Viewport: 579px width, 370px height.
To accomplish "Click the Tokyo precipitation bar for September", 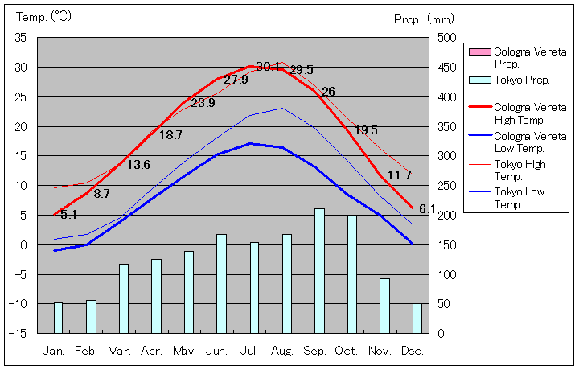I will [x=319, y=270].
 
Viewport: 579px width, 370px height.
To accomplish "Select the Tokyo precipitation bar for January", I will [x=58, y=317].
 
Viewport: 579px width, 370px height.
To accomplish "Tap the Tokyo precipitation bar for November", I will [x=384, y=305].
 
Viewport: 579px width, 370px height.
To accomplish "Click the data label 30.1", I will [x=269, y=67].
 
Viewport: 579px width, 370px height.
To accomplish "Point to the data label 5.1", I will [x=69, y=215].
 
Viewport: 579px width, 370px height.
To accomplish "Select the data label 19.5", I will [x=366, y=130].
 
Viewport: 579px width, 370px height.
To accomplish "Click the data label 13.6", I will [x=138, y=165].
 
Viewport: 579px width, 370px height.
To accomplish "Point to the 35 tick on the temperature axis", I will [x=21, y=38].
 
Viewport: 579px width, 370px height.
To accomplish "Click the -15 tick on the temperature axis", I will [x=18, y=333].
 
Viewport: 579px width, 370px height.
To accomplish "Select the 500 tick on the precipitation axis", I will [x=447, y=38].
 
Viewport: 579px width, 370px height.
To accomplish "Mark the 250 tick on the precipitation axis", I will [x=447, y=185].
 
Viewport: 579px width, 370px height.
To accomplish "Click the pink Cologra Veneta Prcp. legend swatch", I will [x=478, y=52].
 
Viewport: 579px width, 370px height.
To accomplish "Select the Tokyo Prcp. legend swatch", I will [x=478, y=80].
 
